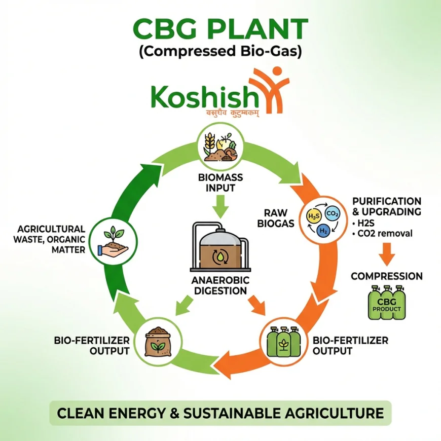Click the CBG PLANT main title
(220, 30)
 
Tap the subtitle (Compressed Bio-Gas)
(220, 52)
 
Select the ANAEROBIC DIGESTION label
(220, 285)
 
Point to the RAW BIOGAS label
(279, 218)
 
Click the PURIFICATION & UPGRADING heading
(387, 206)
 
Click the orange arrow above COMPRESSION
(387, 254)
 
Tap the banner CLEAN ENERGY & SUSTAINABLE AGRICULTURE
(220, 413)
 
